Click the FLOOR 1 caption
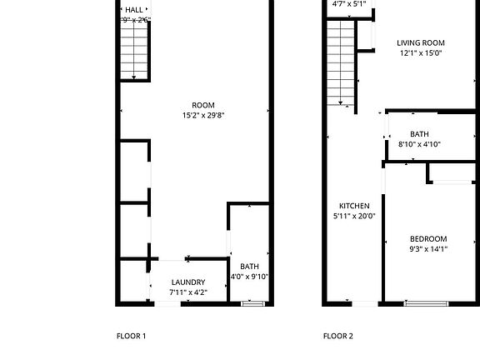131,337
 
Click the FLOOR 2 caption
338,337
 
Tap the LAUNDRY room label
187,282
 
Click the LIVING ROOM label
420,42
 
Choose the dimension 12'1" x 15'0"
420,53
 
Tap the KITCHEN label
354,206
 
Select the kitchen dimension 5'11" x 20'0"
354,216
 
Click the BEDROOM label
427,238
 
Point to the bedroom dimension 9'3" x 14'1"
427,248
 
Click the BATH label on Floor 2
419,134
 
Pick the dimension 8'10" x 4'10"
419,144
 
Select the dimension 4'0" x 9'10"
249,277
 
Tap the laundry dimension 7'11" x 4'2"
187,292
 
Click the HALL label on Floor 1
133,9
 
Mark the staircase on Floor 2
340,62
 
